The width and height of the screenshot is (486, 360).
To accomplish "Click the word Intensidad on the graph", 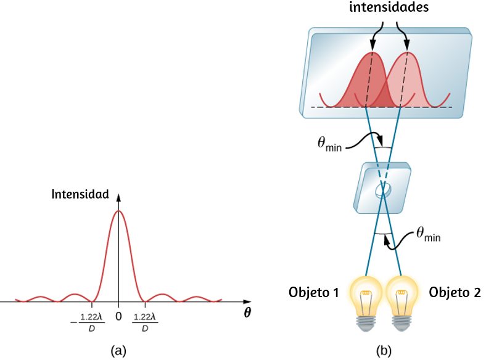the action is click(x=80, y=194).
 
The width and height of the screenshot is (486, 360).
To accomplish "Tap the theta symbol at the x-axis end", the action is click(x=247, y=313).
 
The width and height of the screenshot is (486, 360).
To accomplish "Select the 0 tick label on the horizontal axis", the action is click(x=118, y=316).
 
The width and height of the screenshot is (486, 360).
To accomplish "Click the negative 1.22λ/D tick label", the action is click(x=88, y=322).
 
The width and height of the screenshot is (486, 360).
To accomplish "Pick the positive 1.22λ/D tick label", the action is click(x=145, y=322).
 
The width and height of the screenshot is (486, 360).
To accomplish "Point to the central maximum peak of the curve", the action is click(x=118, y=211).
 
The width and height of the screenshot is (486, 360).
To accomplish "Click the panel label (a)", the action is click(x=118, y=351).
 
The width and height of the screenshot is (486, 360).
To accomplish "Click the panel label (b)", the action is click(x=384, y=351).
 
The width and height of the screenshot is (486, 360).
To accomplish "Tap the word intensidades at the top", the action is click(x=389, y=7).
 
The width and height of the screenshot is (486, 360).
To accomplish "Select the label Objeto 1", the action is click(x=314, y=292).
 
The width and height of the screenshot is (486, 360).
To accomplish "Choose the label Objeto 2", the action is click(x=455, y=292).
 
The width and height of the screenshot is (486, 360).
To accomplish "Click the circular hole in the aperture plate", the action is click(x=383, y=190).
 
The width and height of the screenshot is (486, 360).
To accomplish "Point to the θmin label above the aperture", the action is click(x=329, y=144).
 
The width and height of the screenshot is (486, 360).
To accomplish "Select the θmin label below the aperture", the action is click(x=428, y=234).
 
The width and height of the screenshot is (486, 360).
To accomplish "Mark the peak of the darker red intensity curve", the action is click(x=373, y=52).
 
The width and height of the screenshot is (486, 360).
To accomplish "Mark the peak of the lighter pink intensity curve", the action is click(x=408, y=52).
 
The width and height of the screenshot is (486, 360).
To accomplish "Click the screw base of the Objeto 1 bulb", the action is click(x=367, y=324).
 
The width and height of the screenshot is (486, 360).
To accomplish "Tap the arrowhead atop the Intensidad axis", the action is click(x=118, y=197).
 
